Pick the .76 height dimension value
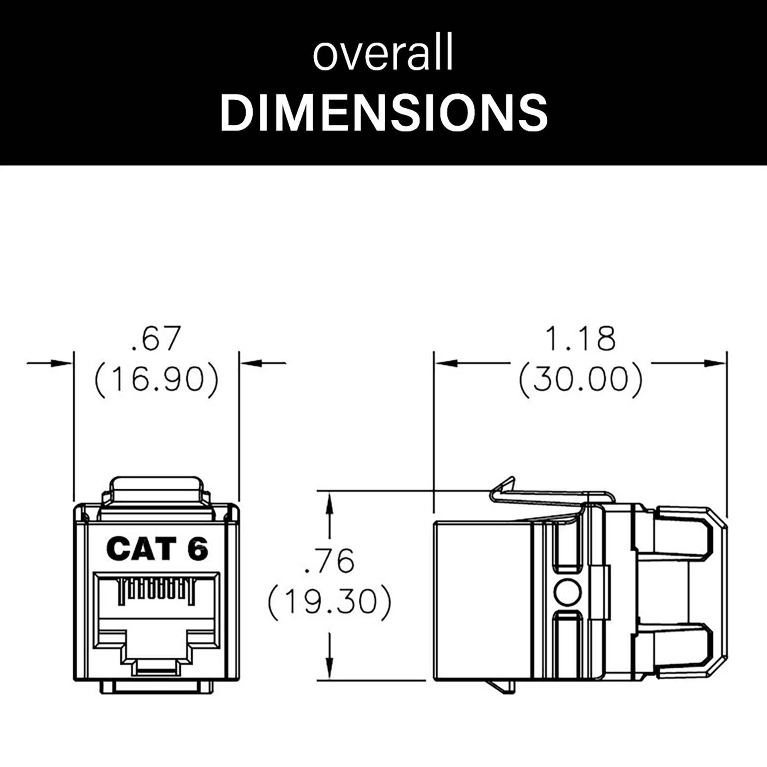point(329,561)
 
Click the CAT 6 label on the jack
point(157,548)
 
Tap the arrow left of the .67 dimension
point(60,363)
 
